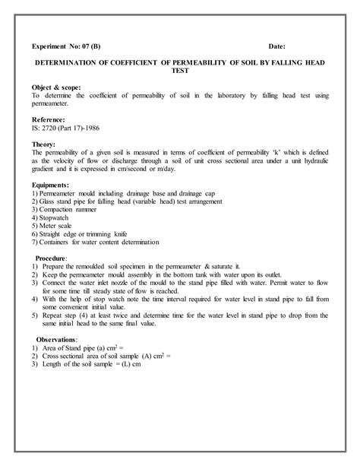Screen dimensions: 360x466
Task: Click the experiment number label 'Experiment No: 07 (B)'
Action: coord(67,46)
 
